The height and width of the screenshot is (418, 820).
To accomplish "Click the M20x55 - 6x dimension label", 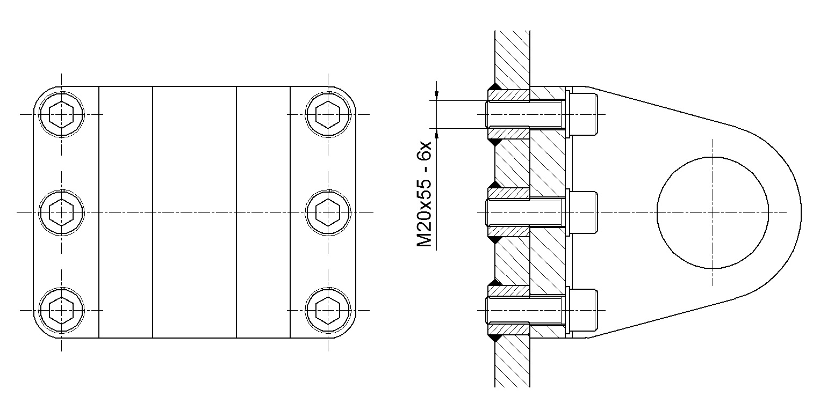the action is [425, 195].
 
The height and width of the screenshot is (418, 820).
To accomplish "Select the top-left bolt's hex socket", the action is [61, 114].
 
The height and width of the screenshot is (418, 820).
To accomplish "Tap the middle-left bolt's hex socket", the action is [61, 212].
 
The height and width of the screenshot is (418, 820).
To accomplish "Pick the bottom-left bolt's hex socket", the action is [61, 311].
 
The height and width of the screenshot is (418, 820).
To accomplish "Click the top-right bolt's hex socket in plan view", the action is [328, 114].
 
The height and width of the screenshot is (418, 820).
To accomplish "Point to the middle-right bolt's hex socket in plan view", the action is [328, 212].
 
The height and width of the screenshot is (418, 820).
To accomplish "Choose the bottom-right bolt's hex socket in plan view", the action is [328, 311].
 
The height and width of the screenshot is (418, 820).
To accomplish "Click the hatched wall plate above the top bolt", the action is [512, 58].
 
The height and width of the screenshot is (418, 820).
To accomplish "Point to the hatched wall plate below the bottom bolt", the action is [512, 362].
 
